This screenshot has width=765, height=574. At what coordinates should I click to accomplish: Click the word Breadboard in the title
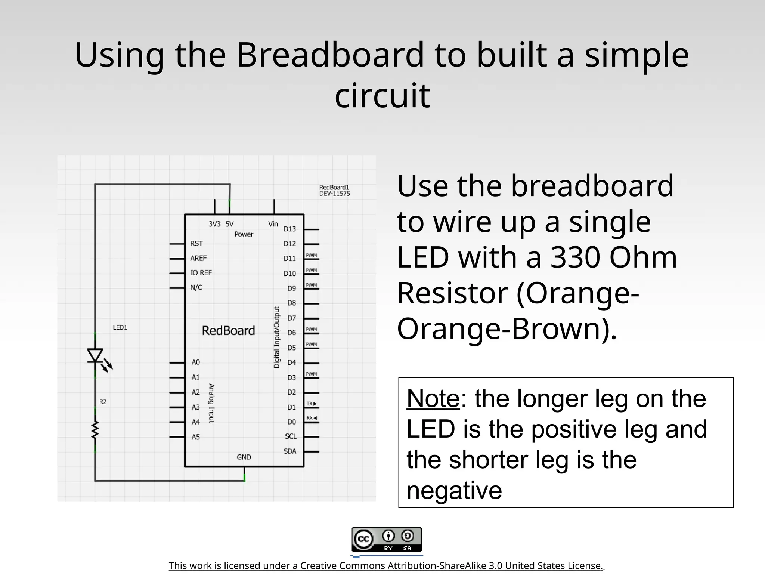coord(330,55)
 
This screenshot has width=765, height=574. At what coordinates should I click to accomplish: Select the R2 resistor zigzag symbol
coord(95,429)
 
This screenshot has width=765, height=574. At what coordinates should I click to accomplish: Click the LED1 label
coord(120,328)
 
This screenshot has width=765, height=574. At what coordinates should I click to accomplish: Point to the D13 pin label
coord(289,229)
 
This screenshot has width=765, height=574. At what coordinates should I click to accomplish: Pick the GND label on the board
coord(244,457)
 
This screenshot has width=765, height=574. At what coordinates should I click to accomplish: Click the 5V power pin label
coord(229,224)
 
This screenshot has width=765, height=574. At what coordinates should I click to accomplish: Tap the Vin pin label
coord(273,224)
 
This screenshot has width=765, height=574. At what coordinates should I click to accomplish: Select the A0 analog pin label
coord(196,362)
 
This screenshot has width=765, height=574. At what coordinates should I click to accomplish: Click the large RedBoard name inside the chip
coord(228,331)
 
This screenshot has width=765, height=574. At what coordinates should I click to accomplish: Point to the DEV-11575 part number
coord(334,194)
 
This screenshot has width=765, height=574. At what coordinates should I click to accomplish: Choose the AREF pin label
coord(198,258)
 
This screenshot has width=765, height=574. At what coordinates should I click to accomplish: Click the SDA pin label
coord(290,451)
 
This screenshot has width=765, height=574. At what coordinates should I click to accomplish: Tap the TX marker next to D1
coord(311,404)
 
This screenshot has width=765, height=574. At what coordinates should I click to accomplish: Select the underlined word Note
coord(433,399)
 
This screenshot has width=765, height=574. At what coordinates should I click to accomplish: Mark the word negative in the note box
coord(454,490)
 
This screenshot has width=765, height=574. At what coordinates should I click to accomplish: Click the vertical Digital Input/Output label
coord(277,337)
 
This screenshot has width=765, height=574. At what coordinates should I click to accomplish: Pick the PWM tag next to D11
coord(311,256)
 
